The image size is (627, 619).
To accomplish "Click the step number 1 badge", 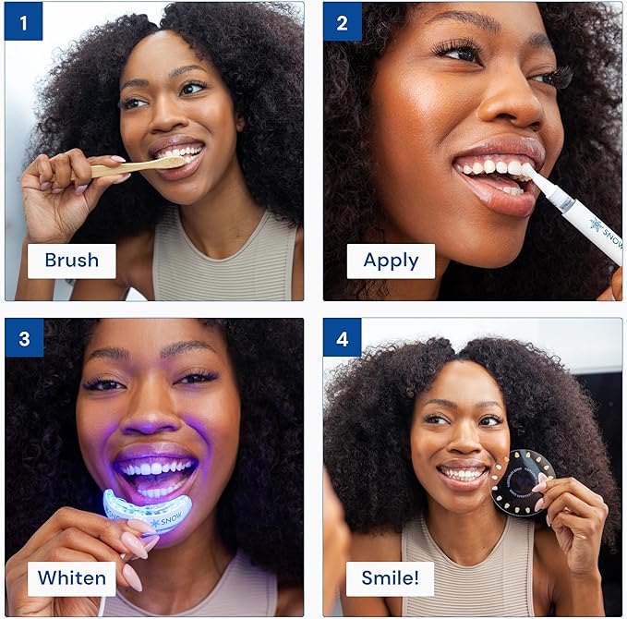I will (x=23, y=20).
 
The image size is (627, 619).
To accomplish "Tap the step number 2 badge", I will (x=342, y=20).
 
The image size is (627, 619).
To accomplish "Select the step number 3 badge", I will (x=23, y=338).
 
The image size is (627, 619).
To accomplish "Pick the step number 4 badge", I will (x=342, y=338).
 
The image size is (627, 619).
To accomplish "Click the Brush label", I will (x=71, y=261).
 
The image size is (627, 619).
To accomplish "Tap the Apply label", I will (x=391, y=261).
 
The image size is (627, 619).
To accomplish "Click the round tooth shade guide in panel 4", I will (x=522, y=481).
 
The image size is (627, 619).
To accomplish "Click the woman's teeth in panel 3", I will (x=156, y=468).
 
